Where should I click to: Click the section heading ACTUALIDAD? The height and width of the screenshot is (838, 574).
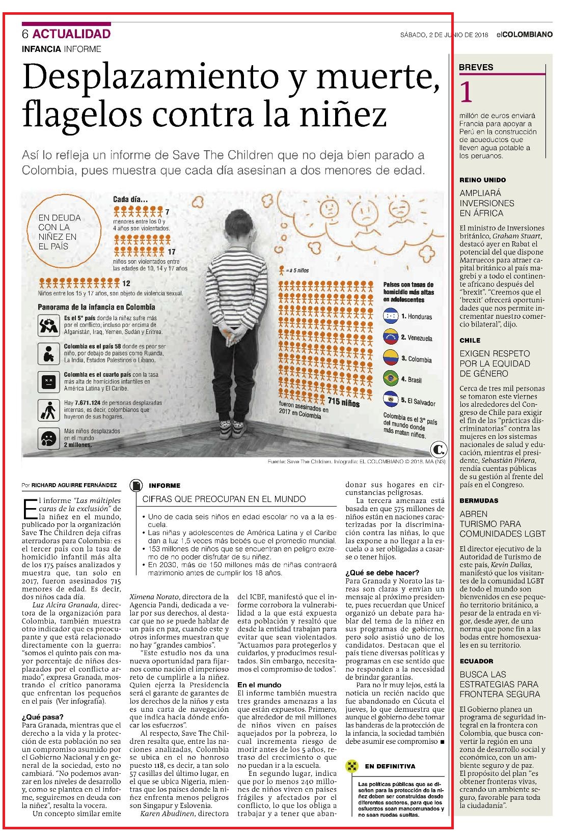coord(71,34)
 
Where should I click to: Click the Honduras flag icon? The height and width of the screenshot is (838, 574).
coord(391,316)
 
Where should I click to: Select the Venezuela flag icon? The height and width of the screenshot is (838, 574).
coord(391,338)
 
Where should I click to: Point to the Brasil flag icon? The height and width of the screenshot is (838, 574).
coord(391,379)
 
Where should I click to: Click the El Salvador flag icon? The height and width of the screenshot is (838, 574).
coord(391,400)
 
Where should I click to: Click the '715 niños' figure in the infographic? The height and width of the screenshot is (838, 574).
coord(343,403)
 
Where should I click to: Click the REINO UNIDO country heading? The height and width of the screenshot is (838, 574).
coord(483,180)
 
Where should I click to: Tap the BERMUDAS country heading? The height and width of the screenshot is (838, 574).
coord(479,500)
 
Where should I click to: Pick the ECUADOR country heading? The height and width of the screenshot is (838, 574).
coord(476,661)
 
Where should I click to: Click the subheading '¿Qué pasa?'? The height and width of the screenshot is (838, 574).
coord(43,717)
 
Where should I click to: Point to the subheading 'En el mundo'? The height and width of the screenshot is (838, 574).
coord(259,685)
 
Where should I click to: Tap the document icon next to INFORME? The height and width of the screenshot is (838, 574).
coord(136,486)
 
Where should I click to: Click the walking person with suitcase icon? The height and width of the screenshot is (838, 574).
coord(49,410)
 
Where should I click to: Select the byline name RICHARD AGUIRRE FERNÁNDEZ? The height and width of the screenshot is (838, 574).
coord(74,485)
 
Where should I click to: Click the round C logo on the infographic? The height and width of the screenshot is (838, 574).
coord(439,449)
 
